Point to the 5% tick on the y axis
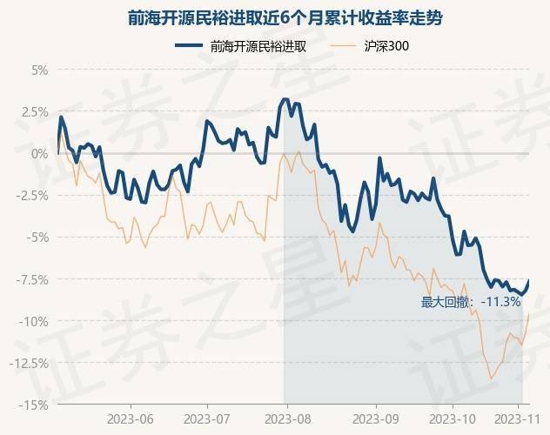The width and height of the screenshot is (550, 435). (x=38, y=70)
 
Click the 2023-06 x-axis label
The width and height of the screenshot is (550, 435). (x=131, y=418)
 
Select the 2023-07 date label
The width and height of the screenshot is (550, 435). (x=209, y=418)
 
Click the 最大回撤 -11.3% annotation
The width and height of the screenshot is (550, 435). (x=471, y=303)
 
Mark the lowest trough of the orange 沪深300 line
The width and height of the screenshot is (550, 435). (x=491, y=378)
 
